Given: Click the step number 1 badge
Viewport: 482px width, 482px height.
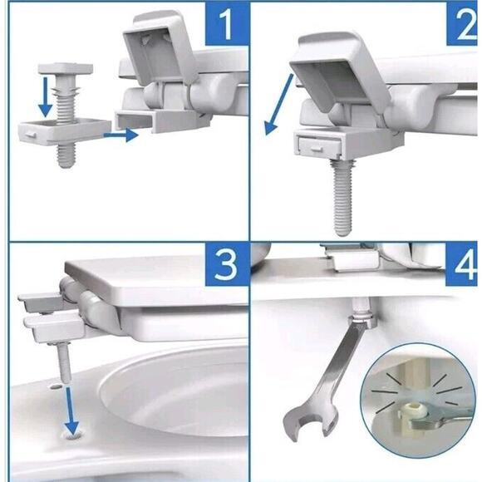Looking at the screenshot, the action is pos(227,23).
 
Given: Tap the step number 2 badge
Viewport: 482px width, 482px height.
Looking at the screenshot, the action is pos(462,23).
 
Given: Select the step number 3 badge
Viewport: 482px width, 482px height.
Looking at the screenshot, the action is pos(227,265).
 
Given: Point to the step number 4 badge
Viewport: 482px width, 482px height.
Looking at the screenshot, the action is pos(461,265).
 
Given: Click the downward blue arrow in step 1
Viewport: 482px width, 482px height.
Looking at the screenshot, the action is pos(46,97).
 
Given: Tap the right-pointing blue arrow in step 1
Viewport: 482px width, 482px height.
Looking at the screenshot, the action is pos(120,135).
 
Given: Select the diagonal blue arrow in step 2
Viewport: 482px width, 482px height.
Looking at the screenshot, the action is pos(278,105).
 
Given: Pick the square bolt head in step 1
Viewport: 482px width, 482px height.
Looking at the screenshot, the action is pos(66,69).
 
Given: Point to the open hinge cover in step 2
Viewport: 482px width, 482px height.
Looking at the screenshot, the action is pos(340,71).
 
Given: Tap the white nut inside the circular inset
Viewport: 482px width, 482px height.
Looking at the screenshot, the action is pos(412,411).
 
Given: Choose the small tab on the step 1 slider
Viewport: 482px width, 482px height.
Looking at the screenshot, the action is pos(31,135).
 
